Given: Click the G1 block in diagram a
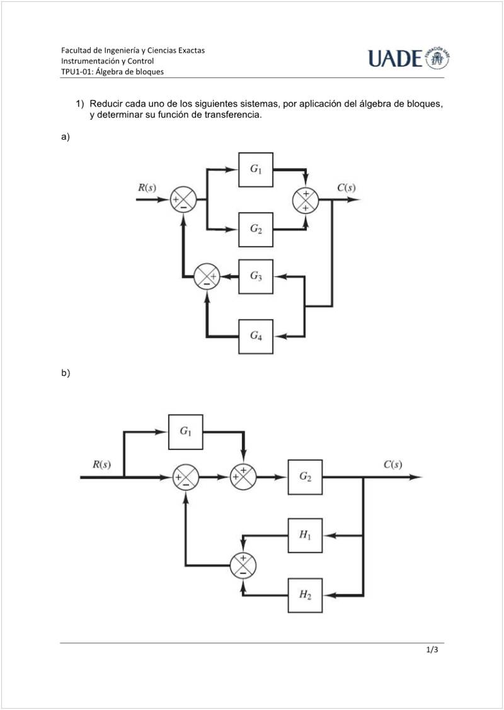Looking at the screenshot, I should coord(256,169).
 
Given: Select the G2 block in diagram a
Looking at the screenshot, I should coord(256,229).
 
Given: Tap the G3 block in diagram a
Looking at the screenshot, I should coord(256,276).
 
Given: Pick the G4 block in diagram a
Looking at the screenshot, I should coord(256,336).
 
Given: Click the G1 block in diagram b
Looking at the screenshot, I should coord(185,432).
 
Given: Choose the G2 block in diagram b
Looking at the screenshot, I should coord(306,477).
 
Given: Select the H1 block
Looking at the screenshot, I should coord(306,536).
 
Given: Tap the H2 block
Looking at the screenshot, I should coord(306,595).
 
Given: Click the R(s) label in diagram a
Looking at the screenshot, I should coord(147,187).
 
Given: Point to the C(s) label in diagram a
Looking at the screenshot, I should coord(346,187).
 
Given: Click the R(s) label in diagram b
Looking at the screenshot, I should coord(101,465).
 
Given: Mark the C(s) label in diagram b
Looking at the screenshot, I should coord(392,465).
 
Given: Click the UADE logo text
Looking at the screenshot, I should coord(396,59).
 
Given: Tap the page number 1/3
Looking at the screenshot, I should coord(432,651).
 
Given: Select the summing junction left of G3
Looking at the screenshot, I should coord(207,276).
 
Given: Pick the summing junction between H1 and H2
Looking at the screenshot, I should coord(243,565).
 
